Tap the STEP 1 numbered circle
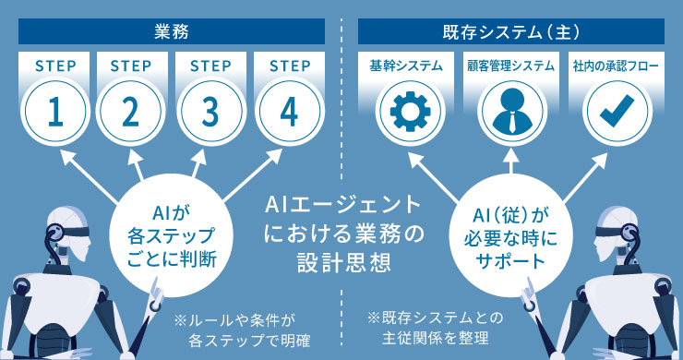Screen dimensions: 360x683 coord(54,111)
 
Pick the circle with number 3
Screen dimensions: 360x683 coord(210,111)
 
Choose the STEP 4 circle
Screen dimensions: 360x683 coord(289,111)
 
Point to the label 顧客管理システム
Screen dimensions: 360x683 coord(508,66)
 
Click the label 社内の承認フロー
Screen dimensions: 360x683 coord(610,66)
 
